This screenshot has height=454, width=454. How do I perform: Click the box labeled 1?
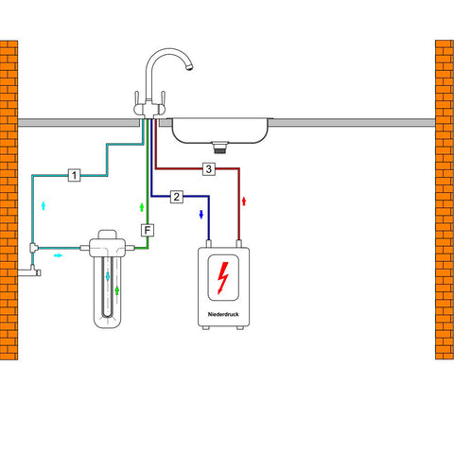[74, 175]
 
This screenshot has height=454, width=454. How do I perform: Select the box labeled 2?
[177, 197]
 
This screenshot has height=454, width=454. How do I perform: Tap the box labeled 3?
[209, 169]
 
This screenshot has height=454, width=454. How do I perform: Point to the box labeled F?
[148, 230]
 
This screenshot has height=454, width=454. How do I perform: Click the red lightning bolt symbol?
[222, 278]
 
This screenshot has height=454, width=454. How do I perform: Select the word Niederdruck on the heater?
[223, 314]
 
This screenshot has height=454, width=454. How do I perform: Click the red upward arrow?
[243, 201]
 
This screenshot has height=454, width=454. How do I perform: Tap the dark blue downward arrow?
[201, 215]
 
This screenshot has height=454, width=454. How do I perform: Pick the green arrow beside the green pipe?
[142, 207]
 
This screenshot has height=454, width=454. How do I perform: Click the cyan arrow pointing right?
[59, 255]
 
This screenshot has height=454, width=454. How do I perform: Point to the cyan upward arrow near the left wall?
[44, 205]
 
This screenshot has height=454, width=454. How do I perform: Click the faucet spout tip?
[189, 67]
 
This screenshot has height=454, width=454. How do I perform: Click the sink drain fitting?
[219, 148]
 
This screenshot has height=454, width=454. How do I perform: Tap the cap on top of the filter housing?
[108, 235]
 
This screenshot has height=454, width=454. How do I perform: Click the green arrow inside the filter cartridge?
[117, 290]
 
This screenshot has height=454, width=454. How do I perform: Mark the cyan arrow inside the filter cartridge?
[108, 276]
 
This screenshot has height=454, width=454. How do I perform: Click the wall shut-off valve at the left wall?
[30, 271]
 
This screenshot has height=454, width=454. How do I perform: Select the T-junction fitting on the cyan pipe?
[34, 248]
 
